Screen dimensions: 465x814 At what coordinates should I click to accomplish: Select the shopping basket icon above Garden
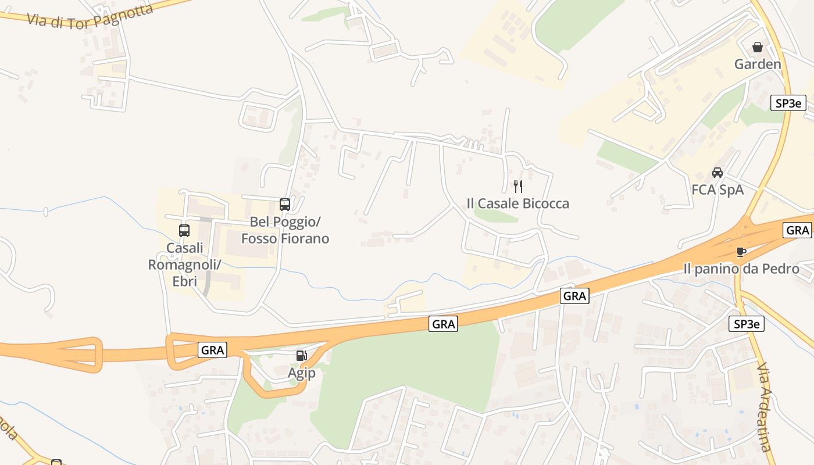click(757, 47)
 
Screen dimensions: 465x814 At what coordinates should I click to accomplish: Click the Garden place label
click(758, 64)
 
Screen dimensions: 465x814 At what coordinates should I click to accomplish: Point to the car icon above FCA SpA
click(717, 173)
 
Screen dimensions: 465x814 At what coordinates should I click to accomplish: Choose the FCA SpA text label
click(717, 189)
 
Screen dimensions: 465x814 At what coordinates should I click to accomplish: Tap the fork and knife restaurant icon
click(518, 187)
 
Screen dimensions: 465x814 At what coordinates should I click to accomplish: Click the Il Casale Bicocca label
click(518, 203)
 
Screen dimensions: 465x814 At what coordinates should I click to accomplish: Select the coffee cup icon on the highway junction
click(741, 252)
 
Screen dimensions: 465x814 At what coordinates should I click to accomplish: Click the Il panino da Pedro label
click(741, 269)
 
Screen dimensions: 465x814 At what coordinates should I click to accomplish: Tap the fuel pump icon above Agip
click(301, 356)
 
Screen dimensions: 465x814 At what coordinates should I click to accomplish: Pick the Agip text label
click(302, 373)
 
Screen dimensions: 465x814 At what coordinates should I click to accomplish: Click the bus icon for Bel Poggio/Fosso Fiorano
click(285, 205)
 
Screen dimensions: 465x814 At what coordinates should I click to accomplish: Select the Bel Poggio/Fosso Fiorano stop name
click(285, 230)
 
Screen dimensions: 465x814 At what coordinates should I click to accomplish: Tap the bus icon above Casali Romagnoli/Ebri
click(184, 231)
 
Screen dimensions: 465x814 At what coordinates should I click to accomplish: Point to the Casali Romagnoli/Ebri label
click(184, 264)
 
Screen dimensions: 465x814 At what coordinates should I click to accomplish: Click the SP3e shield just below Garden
click(788, 103)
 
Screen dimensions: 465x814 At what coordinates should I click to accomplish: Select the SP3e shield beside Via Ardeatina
click(747, 324)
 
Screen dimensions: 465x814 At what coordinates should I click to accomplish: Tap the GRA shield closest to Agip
click(212, 350)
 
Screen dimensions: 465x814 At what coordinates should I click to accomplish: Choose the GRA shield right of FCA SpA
click(798, 230)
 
